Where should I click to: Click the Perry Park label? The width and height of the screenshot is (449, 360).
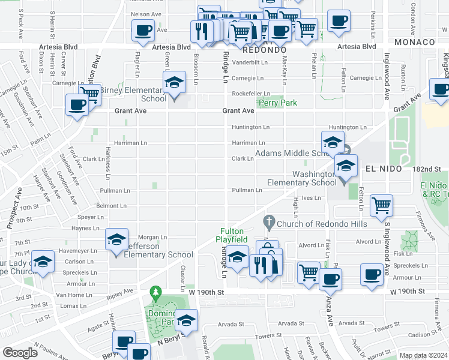pos(277,103)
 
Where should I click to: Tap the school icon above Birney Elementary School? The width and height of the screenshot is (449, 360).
pos(174,83)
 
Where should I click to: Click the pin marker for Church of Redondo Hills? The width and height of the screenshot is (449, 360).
pos(270,224)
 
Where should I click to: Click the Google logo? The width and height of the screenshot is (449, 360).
pos(20,353)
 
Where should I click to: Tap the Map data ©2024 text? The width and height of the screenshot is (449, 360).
pos(423,355)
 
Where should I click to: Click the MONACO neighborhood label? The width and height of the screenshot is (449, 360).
pos(415,42)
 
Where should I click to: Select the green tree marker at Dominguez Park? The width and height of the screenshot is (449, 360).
pos(157,294)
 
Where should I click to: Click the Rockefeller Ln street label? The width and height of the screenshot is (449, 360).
pos(248,94)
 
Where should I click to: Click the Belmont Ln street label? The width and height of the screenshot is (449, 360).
pos(111,206)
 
